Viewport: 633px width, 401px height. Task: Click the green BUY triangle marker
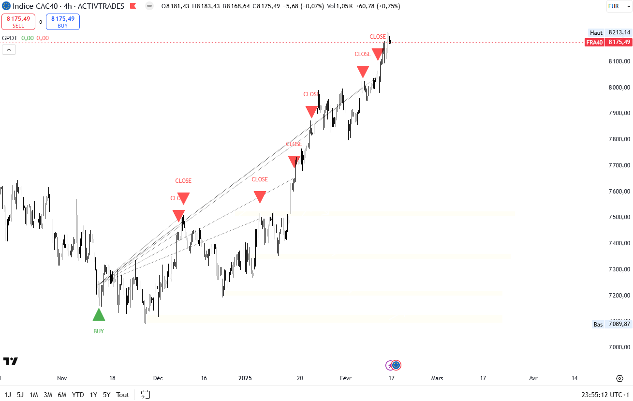(x=99, y=315)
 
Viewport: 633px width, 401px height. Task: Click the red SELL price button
(x=18, y=22)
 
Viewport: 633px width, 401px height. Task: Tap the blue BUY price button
(x=63, y=22)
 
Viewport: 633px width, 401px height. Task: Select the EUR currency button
(x=614, y=6)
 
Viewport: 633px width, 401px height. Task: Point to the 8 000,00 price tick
(x=619, y=88)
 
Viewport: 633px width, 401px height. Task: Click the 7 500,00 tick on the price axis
(x=619, y=217)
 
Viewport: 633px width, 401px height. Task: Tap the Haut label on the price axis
(x=596, y=33)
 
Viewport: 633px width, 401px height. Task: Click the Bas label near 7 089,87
(x=598, y=325)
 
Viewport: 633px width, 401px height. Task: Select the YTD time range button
(x=78, y=395)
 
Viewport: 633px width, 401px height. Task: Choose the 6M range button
(x=62, y=395)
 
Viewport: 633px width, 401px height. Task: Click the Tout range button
(x=123, y=395)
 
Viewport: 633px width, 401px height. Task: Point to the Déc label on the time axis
(x=158, y=378)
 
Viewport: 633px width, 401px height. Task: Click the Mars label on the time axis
(x=437, y=378)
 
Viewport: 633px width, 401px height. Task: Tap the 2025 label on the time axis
(x=246, y=378)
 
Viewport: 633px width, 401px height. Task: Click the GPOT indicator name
(x=10, y=38)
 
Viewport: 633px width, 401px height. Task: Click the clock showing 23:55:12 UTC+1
(x=606, y=395)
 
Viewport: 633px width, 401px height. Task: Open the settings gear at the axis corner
(x=619, y=378)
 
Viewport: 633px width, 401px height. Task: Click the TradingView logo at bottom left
(x=11, y=361)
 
